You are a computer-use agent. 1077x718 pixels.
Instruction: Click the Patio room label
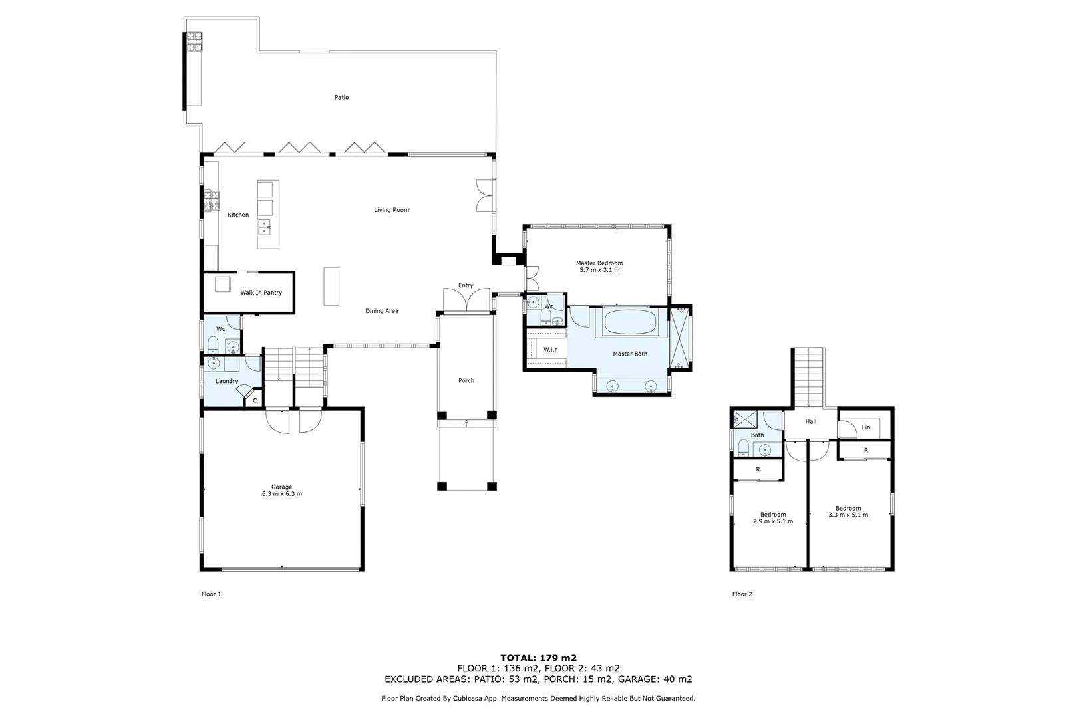[x=341, y=98]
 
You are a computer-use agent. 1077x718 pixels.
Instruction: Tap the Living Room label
[x=391, y=210]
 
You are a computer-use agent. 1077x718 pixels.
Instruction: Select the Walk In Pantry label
[x=261, y=293]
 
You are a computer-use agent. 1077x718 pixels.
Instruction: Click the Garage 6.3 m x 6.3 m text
[x=281, y=494]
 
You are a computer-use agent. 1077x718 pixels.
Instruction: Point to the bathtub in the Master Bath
[x=630, y=323]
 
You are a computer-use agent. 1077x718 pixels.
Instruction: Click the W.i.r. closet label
[x=550, y=350]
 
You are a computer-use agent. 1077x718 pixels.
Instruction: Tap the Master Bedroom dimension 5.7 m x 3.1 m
[x=599, y=270]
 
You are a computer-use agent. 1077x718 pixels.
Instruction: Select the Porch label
[x=466, y=381]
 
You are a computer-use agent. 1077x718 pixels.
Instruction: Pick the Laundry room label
[x=227, y=381]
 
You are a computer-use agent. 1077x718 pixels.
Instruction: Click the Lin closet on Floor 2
[x=865, y=427]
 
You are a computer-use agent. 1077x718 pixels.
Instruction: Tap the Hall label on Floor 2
[x=810, y=422]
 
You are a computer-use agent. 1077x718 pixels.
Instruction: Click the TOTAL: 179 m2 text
[x=538, y=658]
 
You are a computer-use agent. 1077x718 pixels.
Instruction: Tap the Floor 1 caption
[x=211, y=594]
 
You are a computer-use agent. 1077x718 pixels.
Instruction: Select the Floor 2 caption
[x=742, y=594]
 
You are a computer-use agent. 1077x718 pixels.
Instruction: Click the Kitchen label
[x=238, y=215]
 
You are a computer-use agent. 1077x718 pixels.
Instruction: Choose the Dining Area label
[x=382, y=311]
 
